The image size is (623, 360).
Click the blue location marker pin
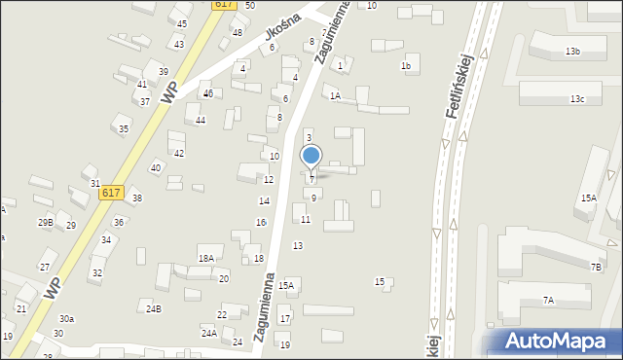click(x=311, y=156)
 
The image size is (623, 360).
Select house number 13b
click(x=572, y=51)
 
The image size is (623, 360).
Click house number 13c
click(x=577, y=99)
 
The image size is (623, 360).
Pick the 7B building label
click(x=596, y=267)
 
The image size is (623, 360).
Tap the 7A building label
click(x=548, y=301)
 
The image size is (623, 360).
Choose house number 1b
click(x=406, y=66)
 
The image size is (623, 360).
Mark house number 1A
click(x=335, y=95)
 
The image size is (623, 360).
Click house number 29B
click(x=45, y=223)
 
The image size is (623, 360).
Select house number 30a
click(x=66, y=319)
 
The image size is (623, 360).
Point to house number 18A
click(x=205, y=258)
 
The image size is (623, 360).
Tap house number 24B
click(x=154, y=309)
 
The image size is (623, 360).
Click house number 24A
click(x=208, y=333)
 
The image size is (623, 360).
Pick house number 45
click(x=182, y=23)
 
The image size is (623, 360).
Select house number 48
click(x=238, y=32)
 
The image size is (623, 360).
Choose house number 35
click(x=124, y=128)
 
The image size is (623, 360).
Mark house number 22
click(x=222, y=314)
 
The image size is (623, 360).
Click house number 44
click(x=201, y=120)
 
